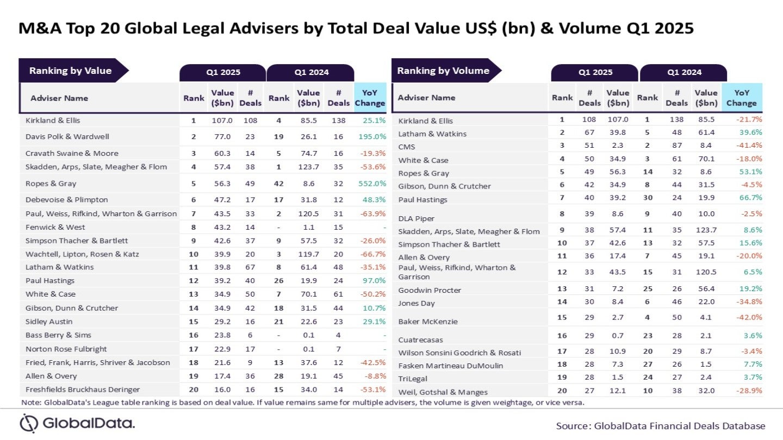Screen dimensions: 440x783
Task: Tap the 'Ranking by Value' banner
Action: tap(71, 71)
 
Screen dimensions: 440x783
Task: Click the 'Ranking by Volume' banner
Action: tap(443, 71)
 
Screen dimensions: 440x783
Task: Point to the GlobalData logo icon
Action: tap(29, 423)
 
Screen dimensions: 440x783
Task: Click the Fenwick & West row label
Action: tap(55, 227)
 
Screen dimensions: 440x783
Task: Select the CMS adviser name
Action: tap(407, 147)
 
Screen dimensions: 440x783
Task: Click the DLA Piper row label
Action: tap(417, 218)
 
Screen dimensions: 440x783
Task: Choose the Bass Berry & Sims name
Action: tap(58, 335)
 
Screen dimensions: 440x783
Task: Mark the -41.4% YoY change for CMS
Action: tap(749, 145)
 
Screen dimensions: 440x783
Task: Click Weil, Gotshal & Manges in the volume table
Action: tap(443, 392)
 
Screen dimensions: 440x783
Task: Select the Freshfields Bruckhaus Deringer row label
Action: tap(83, 389)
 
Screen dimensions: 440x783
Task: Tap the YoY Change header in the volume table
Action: tap(741, 98)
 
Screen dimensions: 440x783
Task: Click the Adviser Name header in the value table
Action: tap(59, 98)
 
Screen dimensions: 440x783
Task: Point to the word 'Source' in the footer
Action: tap(573, 426)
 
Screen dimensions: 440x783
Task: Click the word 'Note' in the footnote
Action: tap(30, 403)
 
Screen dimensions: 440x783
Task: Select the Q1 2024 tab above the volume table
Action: tap(683, 72)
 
